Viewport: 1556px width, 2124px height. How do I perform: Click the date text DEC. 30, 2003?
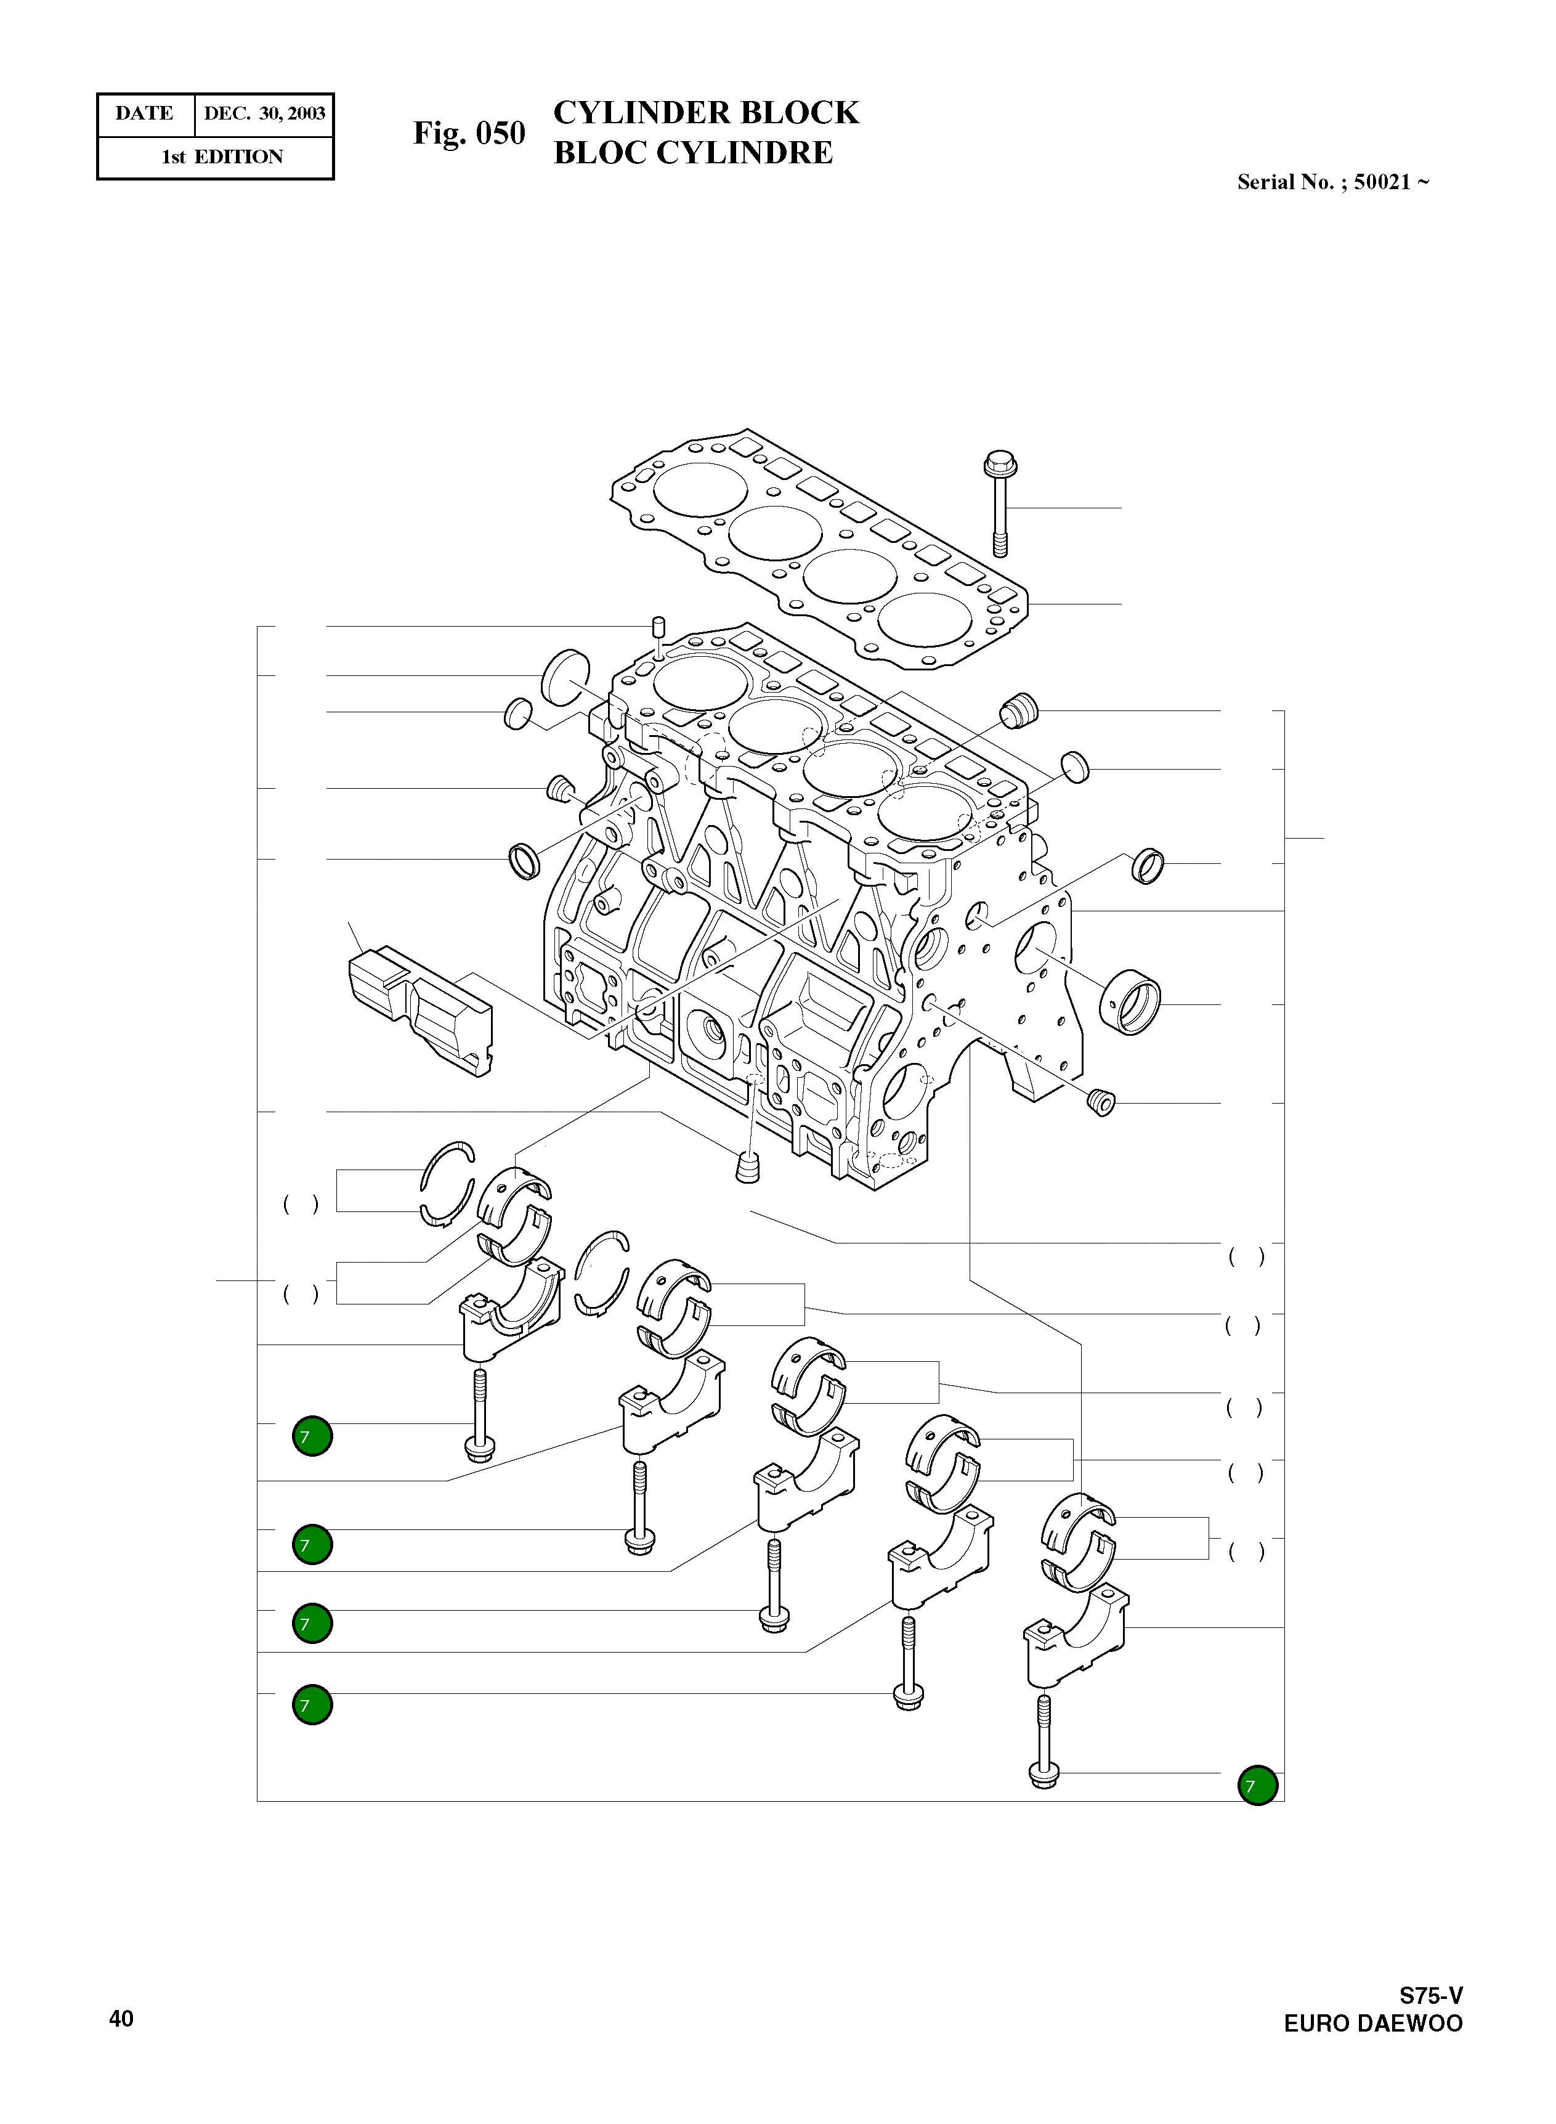(x=265, y=114)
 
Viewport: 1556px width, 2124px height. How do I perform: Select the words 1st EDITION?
(x=222, y=157)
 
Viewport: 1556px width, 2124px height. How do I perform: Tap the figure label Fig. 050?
(x=469, y=134)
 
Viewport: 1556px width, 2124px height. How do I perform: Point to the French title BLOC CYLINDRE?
(x=693, y=153)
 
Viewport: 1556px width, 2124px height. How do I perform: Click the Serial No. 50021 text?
(x=1333, y=183)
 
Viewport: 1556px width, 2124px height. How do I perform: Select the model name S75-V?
(x=1431, y=1995)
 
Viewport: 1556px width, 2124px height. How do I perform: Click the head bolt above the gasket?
(x=999, y=504)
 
